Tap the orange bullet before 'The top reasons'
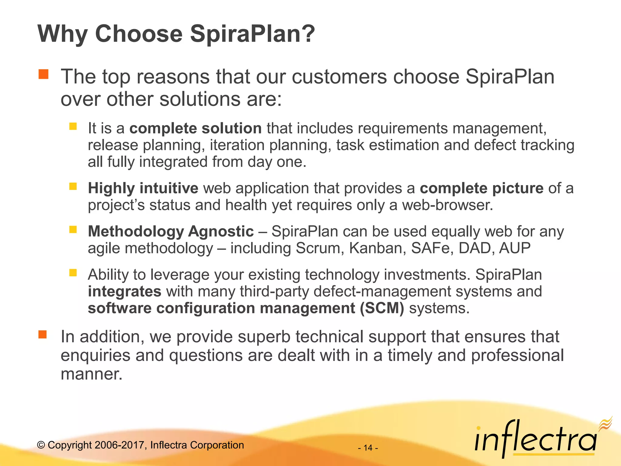43,74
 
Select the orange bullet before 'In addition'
42,334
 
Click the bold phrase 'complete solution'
196,128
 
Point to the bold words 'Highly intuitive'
143,188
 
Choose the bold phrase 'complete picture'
482,188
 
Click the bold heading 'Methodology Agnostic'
171,231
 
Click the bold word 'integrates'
124,291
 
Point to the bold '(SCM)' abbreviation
382,308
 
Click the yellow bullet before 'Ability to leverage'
73,272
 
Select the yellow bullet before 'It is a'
73,126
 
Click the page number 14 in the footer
368,448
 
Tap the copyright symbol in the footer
41,445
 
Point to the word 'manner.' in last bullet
91,374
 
